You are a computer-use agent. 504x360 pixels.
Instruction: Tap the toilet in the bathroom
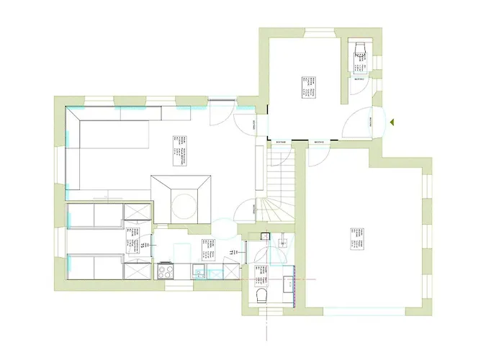(261, 296)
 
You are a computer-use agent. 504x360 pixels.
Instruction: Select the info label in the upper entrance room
(310, 86)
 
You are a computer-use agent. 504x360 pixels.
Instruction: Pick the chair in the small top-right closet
(359, 50)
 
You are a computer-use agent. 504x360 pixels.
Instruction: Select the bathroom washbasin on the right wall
(289, 283)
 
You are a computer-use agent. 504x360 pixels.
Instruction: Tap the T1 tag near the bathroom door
(231, 252)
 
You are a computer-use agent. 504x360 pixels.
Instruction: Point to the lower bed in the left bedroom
(94, 266)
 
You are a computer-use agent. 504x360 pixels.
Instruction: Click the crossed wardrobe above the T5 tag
(137, 211)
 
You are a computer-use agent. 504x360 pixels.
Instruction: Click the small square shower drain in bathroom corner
(265, 235)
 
